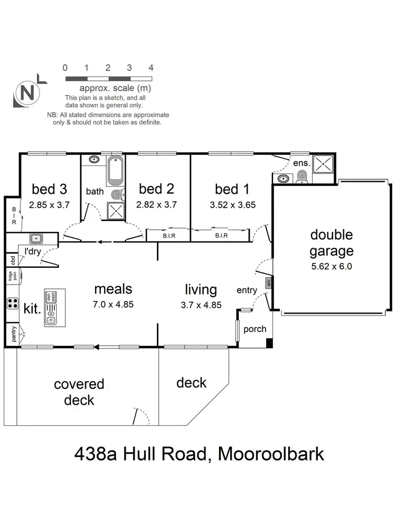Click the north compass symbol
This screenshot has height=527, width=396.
click(x=28, y=93)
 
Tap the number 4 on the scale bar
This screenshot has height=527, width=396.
click(x=151, y=68)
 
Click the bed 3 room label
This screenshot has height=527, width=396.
click(x=49, y=189)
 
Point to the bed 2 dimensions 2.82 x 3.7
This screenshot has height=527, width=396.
click(x=156, y=204)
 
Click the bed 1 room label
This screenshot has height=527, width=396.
click(x=232, y=189)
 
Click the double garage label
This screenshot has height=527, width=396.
click(x=331, y=243)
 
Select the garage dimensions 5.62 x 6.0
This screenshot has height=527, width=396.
click(x=331, y=266)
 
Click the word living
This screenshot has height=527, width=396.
click(x=201, y=289)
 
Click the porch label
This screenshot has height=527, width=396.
click(x=254, y=329)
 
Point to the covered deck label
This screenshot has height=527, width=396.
click(x=79, y=392)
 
